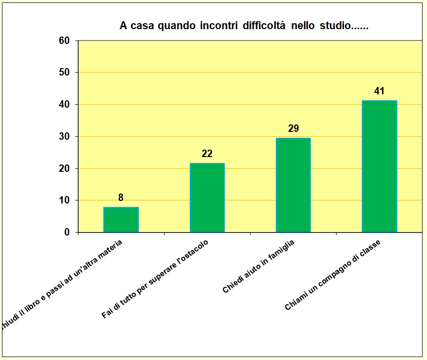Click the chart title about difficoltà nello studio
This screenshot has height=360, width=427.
[x=244, y=26]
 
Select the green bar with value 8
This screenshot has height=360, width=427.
[x=121, y=220]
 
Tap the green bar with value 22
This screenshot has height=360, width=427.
[x=207, y=198]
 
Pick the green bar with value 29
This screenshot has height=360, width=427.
[x=293, y=185]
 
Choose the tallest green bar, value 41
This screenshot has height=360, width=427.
[x=379, y=166]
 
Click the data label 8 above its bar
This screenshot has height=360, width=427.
[x=121, y=198]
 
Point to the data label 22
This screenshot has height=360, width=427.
[x=207, y=154]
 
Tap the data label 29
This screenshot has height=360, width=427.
[x=293, y=128]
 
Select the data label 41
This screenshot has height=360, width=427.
[x=379, y=91]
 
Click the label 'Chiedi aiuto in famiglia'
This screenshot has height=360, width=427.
[x=258, y=267]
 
